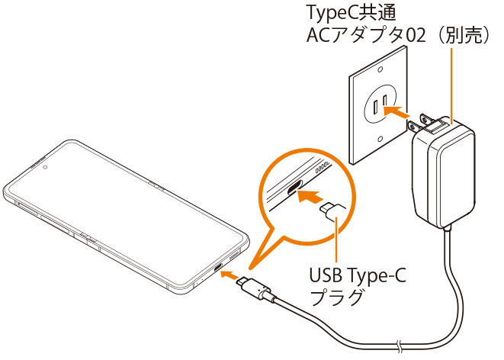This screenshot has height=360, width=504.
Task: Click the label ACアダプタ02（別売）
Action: point(396,36)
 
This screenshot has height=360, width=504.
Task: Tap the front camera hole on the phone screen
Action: point(47,164)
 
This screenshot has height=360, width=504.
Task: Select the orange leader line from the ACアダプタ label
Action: point(452,84)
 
